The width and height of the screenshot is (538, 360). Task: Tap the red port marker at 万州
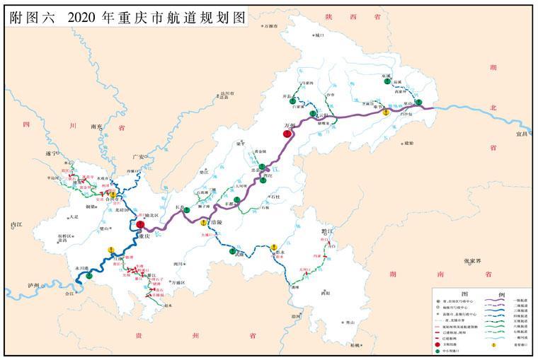pyautogui.click(x=287, y=132)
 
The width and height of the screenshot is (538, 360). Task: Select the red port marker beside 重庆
pyautogui.click(x=140, y=225)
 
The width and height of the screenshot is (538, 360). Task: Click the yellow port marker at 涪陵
pyautogui.click(x=203, y=223)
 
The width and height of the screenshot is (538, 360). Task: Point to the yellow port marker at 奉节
pyautogui.click(x=385, y=112)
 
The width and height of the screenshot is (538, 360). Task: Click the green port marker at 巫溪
pyautogui.click(x=387, y=81)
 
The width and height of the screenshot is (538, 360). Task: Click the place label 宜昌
pyautogui.click(x=522, y=132)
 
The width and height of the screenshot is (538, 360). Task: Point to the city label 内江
pyautogui.click(x=17, y=225)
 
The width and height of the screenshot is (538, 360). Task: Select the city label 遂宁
pyautogui.click(x=50, y=153)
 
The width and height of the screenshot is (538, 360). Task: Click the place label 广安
pyautogui.click(x=138, y=157)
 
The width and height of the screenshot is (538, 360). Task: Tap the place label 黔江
pyautogui.click(x=326, y=231)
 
